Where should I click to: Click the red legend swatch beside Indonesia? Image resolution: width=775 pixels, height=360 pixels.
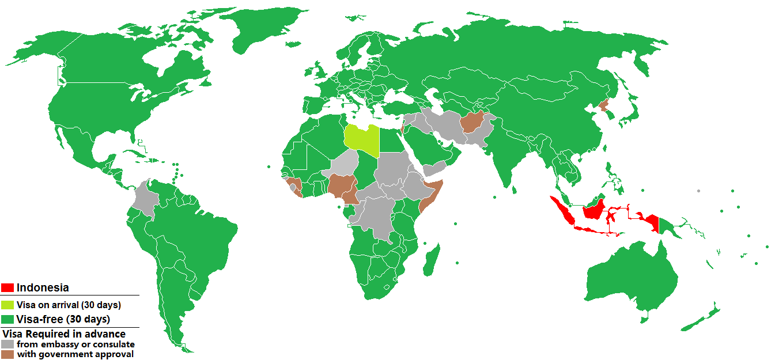[7, 287]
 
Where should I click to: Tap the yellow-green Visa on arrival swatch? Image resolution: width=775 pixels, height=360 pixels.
[7, 305]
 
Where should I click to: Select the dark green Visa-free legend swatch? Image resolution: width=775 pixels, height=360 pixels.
[7, 319]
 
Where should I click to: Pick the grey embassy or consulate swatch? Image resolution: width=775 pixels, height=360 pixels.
[7, 344]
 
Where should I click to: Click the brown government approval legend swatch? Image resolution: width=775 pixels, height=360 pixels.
[7, 354]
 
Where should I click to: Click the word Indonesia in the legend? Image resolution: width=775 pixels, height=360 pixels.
[43, 287]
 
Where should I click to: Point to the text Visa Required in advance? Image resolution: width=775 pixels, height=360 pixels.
[64, 334]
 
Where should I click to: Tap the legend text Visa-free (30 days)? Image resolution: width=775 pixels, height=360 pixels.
[63, 319]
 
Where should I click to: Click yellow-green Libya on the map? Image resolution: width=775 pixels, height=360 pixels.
[361, 139]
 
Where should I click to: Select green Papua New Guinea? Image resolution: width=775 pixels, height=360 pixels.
[668, 228]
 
